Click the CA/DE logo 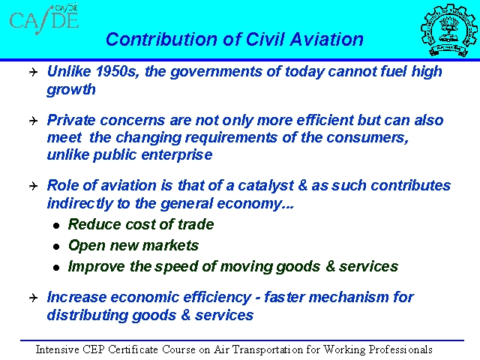coord(44,19)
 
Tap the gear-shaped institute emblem coord(449,30)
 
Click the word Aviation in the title coord(326,40)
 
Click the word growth coord(71,90)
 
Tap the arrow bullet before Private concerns coord(33,121)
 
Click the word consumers coord(367,138)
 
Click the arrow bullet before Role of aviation coord(33,186)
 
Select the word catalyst coord(265,186)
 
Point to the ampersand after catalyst coord(303,185)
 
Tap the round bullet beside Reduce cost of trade coord(56,226)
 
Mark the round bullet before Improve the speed coord(56,268)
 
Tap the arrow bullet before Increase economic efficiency coord(33,298)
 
